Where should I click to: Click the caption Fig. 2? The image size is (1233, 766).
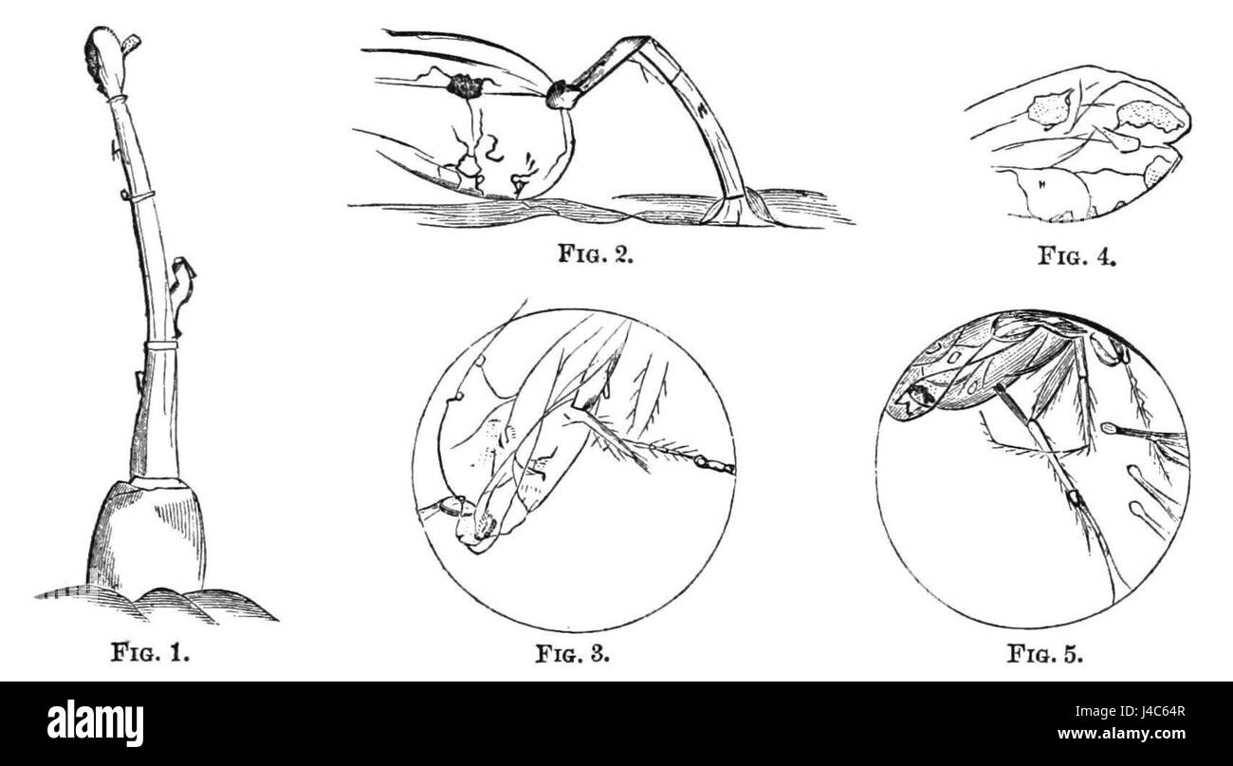(596, 253)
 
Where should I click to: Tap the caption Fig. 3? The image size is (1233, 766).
(573, 653)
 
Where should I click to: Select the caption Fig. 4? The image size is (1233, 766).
(1077, 255)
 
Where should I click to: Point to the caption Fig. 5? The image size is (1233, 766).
(1045, 654)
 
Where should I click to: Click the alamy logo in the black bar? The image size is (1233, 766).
(95, 722)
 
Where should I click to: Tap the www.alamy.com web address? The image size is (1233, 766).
(1121, 734)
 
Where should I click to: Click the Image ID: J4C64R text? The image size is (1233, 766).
(1130, 711)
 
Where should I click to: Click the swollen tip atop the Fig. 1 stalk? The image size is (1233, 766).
(107, 60)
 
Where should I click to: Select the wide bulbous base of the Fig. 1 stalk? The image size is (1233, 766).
(147, 537)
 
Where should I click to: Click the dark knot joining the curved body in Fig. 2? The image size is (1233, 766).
(561, 96)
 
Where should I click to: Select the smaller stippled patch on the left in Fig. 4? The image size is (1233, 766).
(1046, 109)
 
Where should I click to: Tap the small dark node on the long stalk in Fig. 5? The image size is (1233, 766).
(1074, 499)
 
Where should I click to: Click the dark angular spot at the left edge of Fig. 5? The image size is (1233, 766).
(911, 398)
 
